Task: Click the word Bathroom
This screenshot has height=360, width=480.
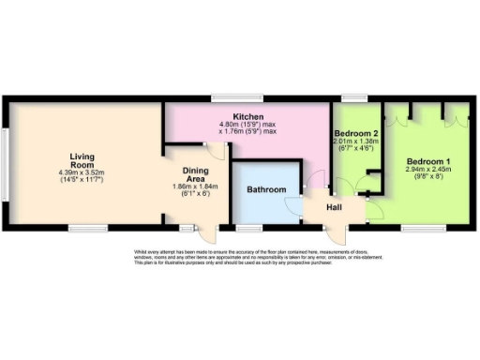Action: pos(266,190)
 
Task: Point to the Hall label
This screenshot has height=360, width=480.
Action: pos(334,206)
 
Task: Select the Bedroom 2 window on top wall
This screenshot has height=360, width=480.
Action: pos(353,97)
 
